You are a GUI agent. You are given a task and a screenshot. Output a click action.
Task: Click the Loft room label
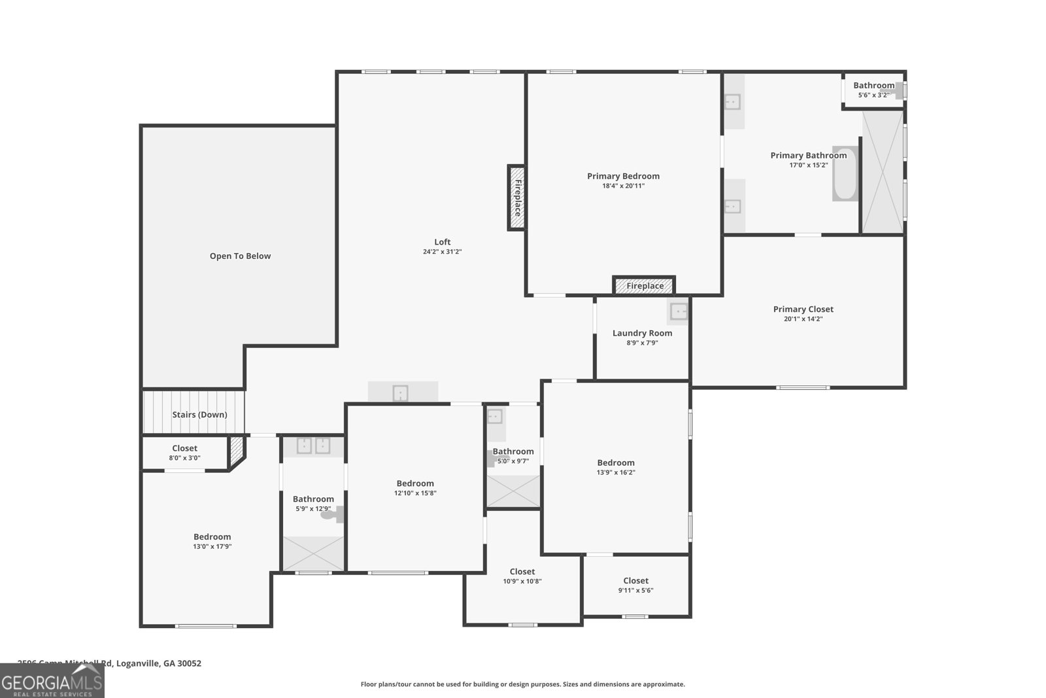pos(443,242)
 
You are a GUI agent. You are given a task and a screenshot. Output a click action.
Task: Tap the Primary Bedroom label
pos(623,176)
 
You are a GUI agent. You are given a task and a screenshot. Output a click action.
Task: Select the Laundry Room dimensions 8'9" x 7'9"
pos(642,343)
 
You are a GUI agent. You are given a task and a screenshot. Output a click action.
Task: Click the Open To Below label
pos(240,256)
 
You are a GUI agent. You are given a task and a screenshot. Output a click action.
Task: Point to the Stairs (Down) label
pos(199,415)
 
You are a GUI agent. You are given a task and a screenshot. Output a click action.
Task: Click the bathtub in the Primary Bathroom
pos(843,173)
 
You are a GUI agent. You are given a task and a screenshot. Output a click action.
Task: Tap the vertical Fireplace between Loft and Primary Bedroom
pos(516,198)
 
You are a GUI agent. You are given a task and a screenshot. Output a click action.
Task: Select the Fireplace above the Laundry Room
pos(644,286)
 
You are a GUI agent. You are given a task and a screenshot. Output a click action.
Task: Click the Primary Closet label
pos(803,309)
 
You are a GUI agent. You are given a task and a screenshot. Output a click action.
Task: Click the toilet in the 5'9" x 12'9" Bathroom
pos(331,514)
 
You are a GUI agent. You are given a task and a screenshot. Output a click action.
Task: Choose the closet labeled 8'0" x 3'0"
pos(184,453)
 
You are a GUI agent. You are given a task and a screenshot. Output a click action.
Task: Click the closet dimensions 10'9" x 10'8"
pos(522,582)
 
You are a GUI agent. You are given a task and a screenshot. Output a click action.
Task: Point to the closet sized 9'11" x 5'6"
pos(635,585)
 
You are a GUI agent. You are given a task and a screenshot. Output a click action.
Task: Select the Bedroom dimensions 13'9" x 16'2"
pos(616,472)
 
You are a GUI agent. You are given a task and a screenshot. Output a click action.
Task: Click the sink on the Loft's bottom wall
pos(400,393)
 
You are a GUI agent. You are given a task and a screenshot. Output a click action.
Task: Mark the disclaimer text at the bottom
pos(522,684)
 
